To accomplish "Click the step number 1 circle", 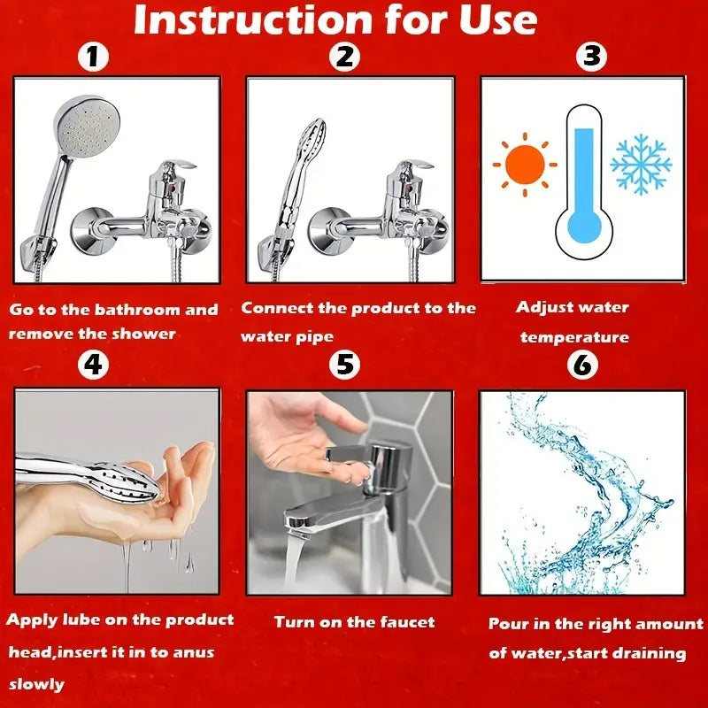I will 94,58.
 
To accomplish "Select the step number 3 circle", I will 591,57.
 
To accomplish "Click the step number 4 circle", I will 94,364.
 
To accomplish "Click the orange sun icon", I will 525,164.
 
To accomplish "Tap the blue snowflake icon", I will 641,165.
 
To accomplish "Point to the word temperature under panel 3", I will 574,337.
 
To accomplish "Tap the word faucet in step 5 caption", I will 403,622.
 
